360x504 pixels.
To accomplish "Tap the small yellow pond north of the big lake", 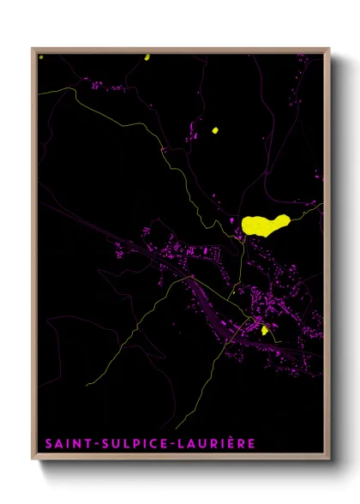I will point(214,131).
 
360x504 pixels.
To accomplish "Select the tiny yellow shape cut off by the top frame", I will point(147,57).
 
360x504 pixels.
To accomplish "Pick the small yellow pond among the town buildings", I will point(265,329).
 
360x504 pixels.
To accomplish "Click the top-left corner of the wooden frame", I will point(33,49).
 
